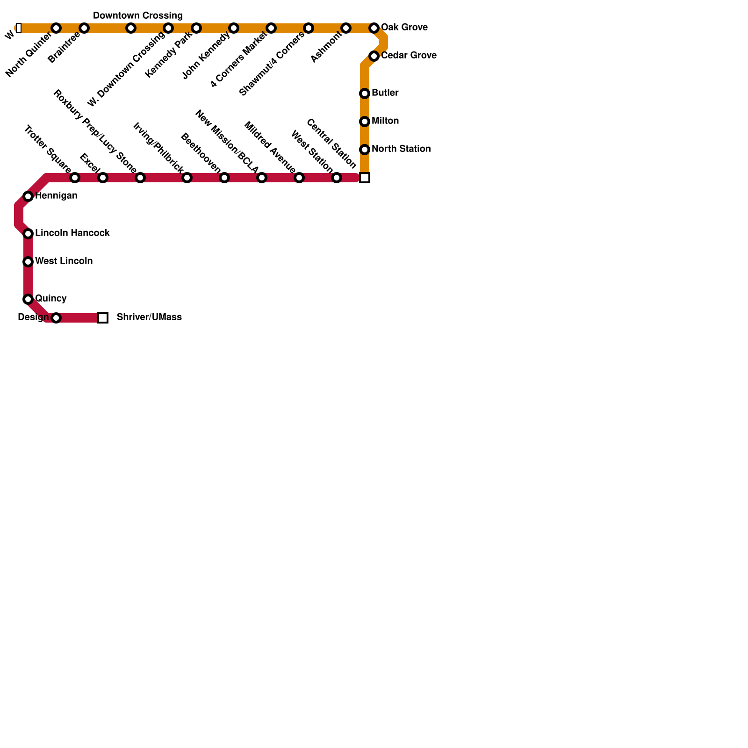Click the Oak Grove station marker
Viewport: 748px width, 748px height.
374,28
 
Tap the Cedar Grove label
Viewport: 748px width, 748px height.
409,56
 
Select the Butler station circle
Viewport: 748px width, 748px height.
365,93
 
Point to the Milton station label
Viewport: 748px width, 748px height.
385,121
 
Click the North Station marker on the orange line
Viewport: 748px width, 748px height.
365,150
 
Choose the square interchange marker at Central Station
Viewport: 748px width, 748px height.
365,178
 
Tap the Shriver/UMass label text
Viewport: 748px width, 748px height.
149,317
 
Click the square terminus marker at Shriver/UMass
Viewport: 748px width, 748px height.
103,318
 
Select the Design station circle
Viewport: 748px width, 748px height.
56,318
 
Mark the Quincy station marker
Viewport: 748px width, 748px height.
28,299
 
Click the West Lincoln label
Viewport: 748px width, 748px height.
64,261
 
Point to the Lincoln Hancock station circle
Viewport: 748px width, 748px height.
28,234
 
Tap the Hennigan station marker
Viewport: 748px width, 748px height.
28,196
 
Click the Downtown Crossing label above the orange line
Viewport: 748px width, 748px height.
137,16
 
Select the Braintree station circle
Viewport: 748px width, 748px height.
84,28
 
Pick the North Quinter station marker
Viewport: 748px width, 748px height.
56,28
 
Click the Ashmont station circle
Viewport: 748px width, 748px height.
346,28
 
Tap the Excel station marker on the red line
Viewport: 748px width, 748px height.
103,178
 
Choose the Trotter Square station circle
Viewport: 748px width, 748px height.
75,178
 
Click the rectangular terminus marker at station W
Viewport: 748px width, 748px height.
19,28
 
